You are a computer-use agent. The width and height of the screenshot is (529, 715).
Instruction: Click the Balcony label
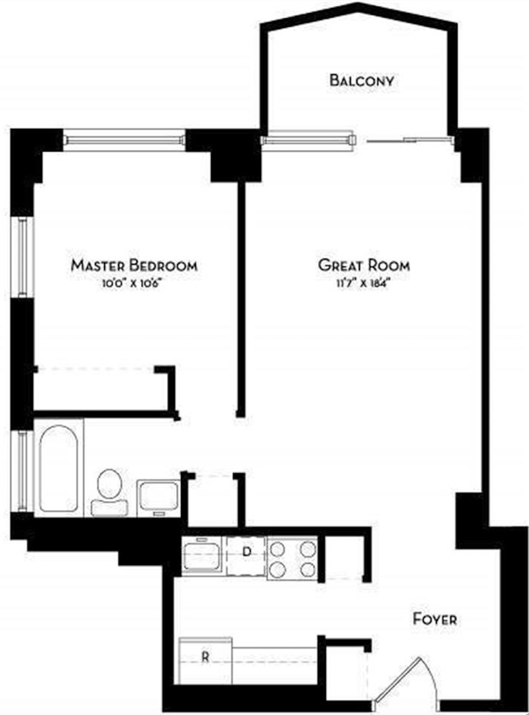tap(362, 81)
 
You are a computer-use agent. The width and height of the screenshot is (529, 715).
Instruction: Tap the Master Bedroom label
tap(134, 265)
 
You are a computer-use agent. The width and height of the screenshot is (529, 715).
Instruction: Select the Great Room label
tap(364, 265)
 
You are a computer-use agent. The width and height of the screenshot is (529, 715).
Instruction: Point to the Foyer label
tap(435, 619)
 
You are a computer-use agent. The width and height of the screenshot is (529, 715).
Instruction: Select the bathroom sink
tap(158, 498)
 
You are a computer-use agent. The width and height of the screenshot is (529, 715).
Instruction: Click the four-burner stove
tap(292, 558)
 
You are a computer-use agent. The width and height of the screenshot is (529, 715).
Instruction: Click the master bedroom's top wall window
tap(124, 140)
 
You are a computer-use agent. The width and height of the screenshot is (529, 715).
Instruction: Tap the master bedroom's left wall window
tap(23, 257)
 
